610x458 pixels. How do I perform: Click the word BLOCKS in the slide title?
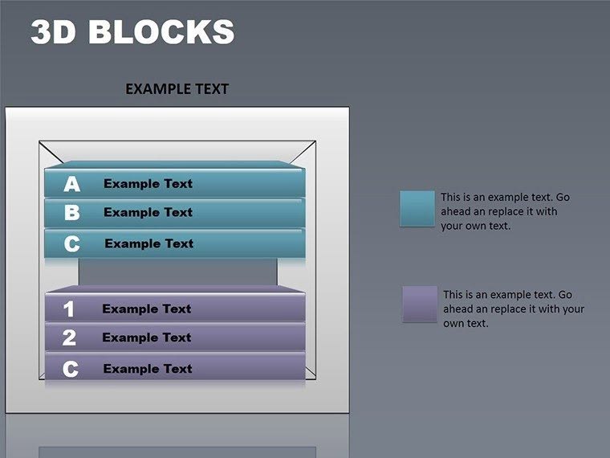(161, 32)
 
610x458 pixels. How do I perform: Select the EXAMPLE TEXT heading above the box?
(177, 89)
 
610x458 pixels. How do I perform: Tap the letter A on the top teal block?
(72, 184)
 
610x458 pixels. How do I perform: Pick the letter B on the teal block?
(72, 213)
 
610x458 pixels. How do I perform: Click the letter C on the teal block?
(72, 243)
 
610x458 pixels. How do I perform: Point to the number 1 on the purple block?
(69, 309)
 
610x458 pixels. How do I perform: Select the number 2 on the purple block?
(69, 338)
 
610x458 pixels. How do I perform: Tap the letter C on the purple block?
(71, 369)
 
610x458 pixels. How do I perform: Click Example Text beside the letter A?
(148, 184)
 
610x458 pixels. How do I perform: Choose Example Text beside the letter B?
(148, 213)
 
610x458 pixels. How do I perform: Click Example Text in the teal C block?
(148, 243)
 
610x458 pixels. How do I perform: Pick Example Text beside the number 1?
(146, 309)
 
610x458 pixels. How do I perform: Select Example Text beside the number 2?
(146, 338)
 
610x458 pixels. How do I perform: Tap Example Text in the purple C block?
(148, 369)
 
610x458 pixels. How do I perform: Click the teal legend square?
(417, 208)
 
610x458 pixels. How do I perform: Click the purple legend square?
(420, 303)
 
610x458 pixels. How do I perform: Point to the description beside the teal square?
(505, 211)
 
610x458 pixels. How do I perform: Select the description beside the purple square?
(513, 309)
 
